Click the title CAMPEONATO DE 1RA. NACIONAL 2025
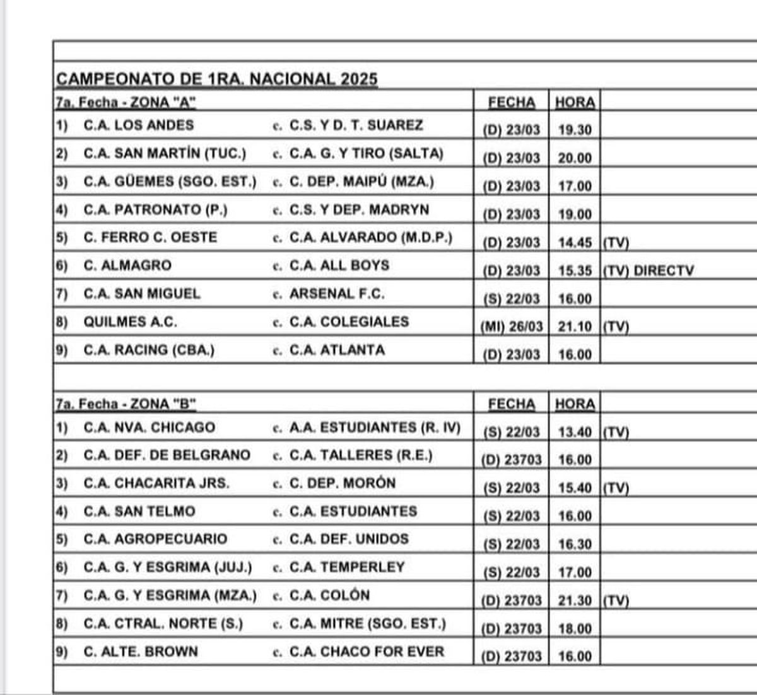coord(217,79)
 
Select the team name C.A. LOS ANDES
coord(139,125)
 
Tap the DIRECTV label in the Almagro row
coord(663,271)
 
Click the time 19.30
coord(575,130)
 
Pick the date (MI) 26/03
coord(511,327)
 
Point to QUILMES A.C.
coord(130,322)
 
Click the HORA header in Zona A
coord(575,102)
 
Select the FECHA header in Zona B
coord(511,404)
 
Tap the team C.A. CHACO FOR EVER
coord(367,651)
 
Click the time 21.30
coord(575,600)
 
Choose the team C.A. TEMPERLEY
coord(347,567)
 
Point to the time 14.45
coord(575,243)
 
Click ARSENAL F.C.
coord(337,293)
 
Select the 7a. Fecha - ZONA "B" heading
coord(126,404)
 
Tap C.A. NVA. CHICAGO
coord(149,427)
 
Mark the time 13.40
coord(575,432)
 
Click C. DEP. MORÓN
coord(343,483)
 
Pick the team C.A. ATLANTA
coord(337,349)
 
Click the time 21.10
coord(575,327)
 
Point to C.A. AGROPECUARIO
coord(155,539)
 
